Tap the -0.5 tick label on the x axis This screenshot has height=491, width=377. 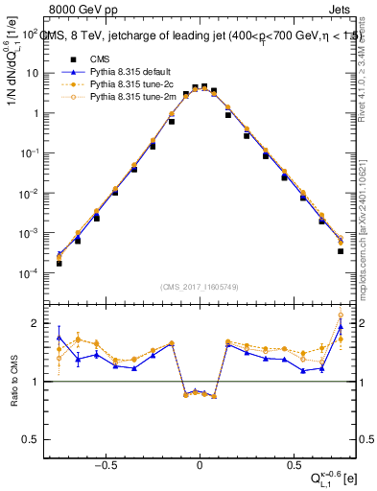[x=106, y=461]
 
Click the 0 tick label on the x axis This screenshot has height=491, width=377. [x=199, y=461]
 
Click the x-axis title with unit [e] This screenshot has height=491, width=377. [x=330, y=477]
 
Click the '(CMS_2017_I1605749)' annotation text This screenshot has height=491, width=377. [x=199, y=287]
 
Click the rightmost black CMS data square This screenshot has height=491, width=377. [x=341, y=251]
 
